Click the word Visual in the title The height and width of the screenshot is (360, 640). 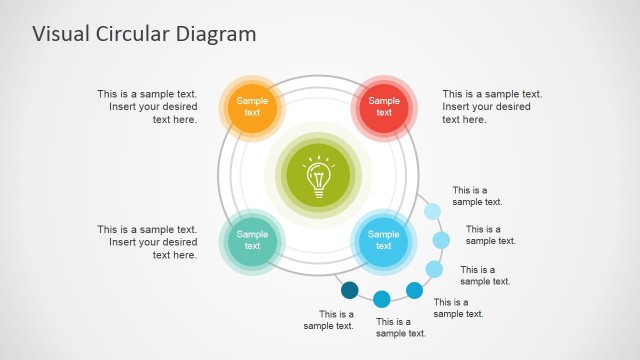[62, 34]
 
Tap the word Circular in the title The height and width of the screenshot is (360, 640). [136, 34]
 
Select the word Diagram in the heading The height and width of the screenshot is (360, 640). [218, 34]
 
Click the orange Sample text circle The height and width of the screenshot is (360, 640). [252, 106]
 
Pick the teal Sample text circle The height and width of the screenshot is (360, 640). [252, 240]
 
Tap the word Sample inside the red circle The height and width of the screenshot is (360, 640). [384, 100]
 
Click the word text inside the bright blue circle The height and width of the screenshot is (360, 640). [384, 246]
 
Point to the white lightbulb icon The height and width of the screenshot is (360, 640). [318, 176]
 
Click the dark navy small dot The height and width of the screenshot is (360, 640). [349, 290]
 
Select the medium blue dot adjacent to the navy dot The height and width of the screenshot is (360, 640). [381, 298]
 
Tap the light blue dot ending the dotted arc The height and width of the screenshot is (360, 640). [432, 211]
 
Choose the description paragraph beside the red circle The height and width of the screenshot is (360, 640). [492, 107]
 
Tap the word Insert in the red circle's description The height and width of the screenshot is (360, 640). [458, 107]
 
